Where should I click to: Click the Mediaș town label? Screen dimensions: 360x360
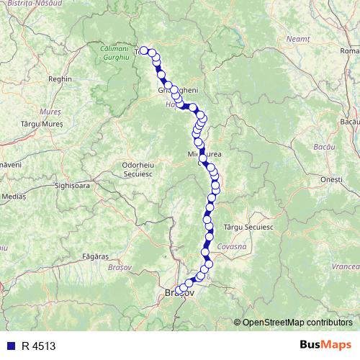pyautogui.click(x=12, y=195)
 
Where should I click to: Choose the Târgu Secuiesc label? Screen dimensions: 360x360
pyautogui.click(x=249, y=226)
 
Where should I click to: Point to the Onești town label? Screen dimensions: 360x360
pyautogui.click(x=331, y=179)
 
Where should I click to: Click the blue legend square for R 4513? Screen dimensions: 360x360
pyautogui.click(x=9, y=346)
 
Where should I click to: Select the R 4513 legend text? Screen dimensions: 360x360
pyautogui.click(x=38, y=346)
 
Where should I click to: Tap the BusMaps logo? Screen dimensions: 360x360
pyautogui.click(x=325, y=346)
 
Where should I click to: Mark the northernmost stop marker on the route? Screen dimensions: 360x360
pyautogui.click(x=144, y=50)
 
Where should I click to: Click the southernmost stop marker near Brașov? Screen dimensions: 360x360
pyautogui.click(x=179, y=291)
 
